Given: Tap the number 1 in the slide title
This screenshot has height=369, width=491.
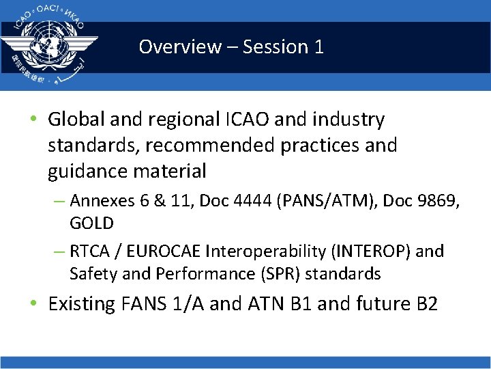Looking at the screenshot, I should [x=318, y=47].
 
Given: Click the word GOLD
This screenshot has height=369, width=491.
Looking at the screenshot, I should [x=91, y=223].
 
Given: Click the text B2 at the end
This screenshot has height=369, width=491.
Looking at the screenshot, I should [x=426, y=303].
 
